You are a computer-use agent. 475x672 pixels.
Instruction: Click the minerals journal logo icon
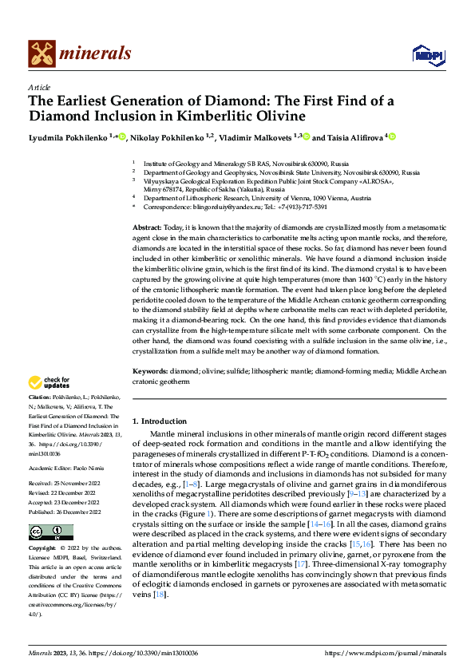pos(42,53)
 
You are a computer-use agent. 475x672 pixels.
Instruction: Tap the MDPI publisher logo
pos(426,54)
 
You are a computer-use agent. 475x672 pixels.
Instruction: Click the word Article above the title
pos(39,87)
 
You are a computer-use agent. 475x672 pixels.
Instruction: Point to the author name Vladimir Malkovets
pos(257,137)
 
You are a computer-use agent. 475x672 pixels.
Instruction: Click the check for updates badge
pos(50,382)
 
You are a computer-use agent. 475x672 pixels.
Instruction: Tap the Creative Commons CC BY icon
pos(50,532)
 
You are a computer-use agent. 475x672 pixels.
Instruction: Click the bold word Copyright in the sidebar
pos(43,549)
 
